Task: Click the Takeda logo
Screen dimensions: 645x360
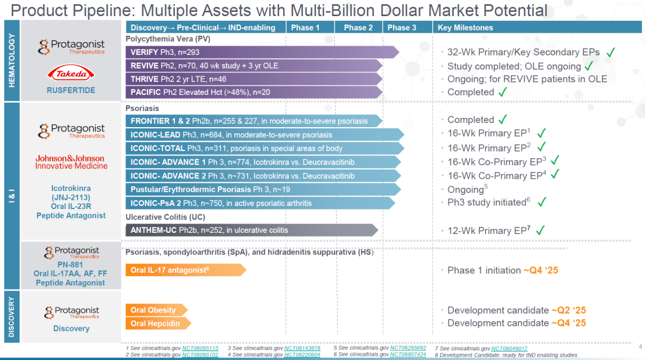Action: pyautogui.click(x=70, y=73)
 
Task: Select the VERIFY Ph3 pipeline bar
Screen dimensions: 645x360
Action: pyautogui.click(x=262, y=53)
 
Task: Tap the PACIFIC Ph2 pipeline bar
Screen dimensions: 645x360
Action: pyautogui.click(x=254, y=92)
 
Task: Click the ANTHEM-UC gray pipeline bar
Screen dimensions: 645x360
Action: pyautogui.click(x=252, y=230)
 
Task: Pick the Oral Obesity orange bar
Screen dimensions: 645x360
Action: pyautogui.click(x=156, y=310)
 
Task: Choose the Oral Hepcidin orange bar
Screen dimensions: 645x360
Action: pyautogui.click(x=158, y=324)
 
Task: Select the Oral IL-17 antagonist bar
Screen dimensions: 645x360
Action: pyautogui.click(x=186, y=270)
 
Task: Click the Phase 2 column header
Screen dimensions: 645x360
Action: pyautogui.click(x=358, y=27)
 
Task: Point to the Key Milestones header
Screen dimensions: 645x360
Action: pyautogui.click(x=465, y=27)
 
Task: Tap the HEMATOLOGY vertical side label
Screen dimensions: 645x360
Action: pyautogui.click(x=11, y=60)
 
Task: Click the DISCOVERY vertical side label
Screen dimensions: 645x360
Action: pyautogui.click(x=11, y=317)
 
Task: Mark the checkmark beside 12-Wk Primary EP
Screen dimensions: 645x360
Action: pyautogui.click(x=540, y=230)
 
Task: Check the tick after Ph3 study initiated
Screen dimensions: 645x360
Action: pyautogui.click(x=542, y=202)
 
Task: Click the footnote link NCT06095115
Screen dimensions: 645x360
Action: pyautogui.click(x=200, y=348)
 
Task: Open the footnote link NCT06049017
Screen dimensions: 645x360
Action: pyautogui.click(x=509, y=349)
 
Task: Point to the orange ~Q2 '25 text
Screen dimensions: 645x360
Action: pyautogui.click(x=569, y=310)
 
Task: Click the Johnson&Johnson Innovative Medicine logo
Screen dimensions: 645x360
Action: pyautogui.click(x=71, y=162)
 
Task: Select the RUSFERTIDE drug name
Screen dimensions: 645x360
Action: pyautogui.click(x=70, y=90)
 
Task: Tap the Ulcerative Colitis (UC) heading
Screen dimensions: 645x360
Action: pyautogui.click(x=165, y=217)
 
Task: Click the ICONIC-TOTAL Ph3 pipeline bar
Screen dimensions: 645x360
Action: pyautogui.click(x=265, y=148)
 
